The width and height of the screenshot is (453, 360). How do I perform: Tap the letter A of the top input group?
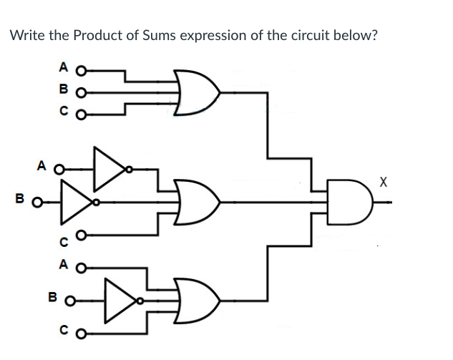63,70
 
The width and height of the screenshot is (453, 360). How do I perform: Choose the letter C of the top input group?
63,112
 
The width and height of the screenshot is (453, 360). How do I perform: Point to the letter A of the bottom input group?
63,268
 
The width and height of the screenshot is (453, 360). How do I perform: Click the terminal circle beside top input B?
81,92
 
